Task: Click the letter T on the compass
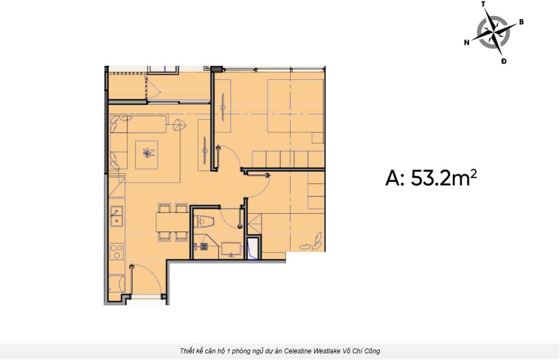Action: [x=483, y=4]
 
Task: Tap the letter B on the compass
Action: [x=521, y=22]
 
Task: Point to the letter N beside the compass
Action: [x=466, y=42]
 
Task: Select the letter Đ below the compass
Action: [x=503, y=62]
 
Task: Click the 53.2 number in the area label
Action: [x=431, y=178]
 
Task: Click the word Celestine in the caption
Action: [x=300, y=351]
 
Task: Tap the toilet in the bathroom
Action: [x=203, y=221]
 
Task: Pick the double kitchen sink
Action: [x=117, y=216]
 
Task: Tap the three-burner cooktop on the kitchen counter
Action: [x=117, y=251]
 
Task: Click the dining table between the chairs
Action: [x=172, y=222]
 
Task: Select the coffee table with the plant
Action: [x=146, y=154]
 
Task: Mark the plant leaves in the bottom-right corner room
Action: [x=311, y=242]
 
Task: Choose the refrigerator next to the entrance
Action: [x=117, y=284]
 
